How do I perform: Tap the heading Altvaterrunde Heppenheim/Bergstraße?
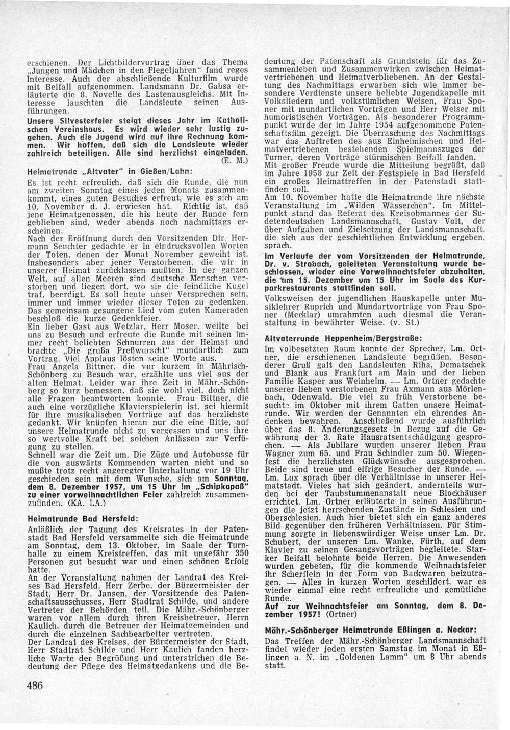point(327,338)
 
